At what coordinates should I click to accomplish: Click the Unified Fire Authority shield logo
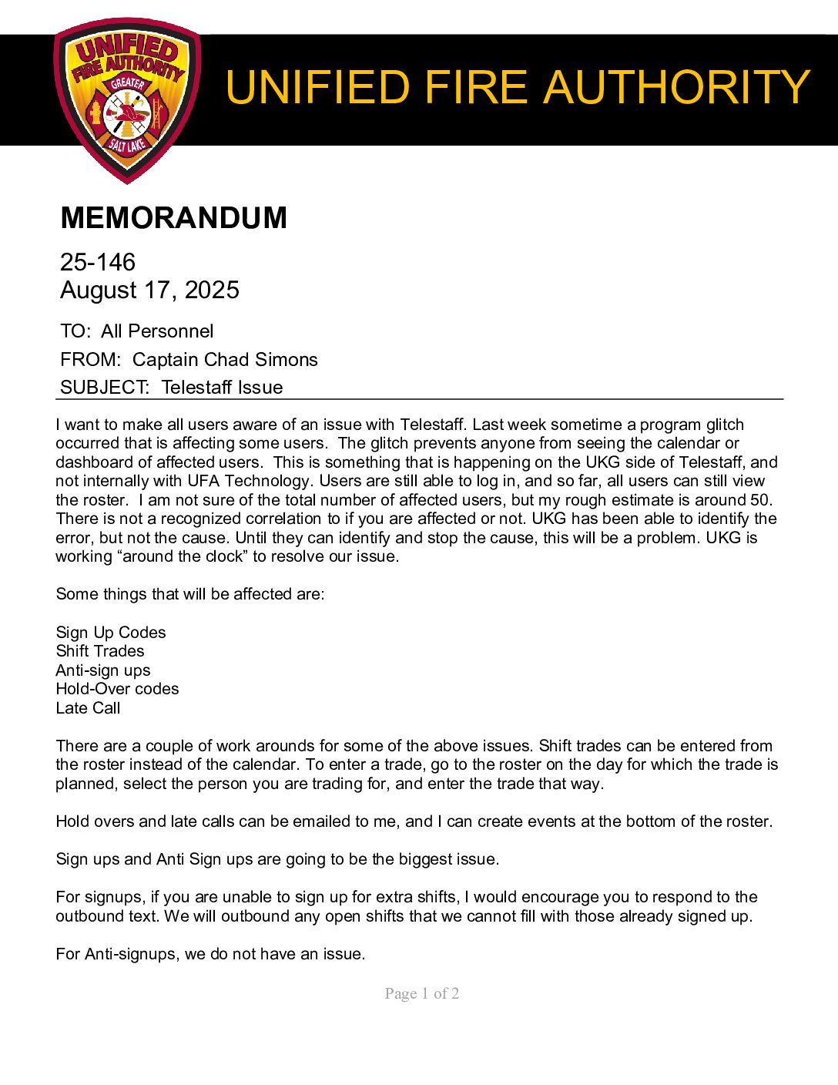click(x=127, y=100)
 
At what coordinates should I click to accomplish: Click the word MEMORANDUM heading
click(x=173, y=218)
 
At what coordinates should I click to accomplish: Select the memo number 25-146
click(x=98, y=262)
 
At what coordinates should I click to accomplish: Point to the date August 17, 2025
click(x=149, y=291)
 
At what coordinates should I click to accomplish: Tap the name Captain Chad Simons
click(x=225, y=360)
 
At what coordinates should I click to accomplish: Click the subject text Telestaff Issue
click(x=222, y=388)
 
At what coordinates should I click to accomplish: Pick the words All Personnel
click(x=157, y=331)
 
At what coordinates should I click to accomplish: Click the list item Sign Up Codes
click(x=111, y=633)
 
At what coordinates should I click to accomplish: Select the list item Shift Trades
click(x=100, y=651)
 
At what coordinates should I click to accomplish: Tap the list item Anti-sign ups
click(x=103, y=670)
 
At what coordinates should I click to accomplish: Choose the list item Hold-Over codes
click(x=117, y=689)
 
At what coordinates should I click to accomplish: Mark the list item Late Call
click(x=88, y=708)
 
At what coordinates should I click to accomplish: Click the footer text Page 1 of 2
click(x=422, y=993)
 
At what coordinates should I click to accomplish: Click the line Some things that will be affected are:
click(x=190, y=595)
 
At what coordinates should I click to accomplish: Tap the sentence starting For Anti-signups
click(x=210, y=954)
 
